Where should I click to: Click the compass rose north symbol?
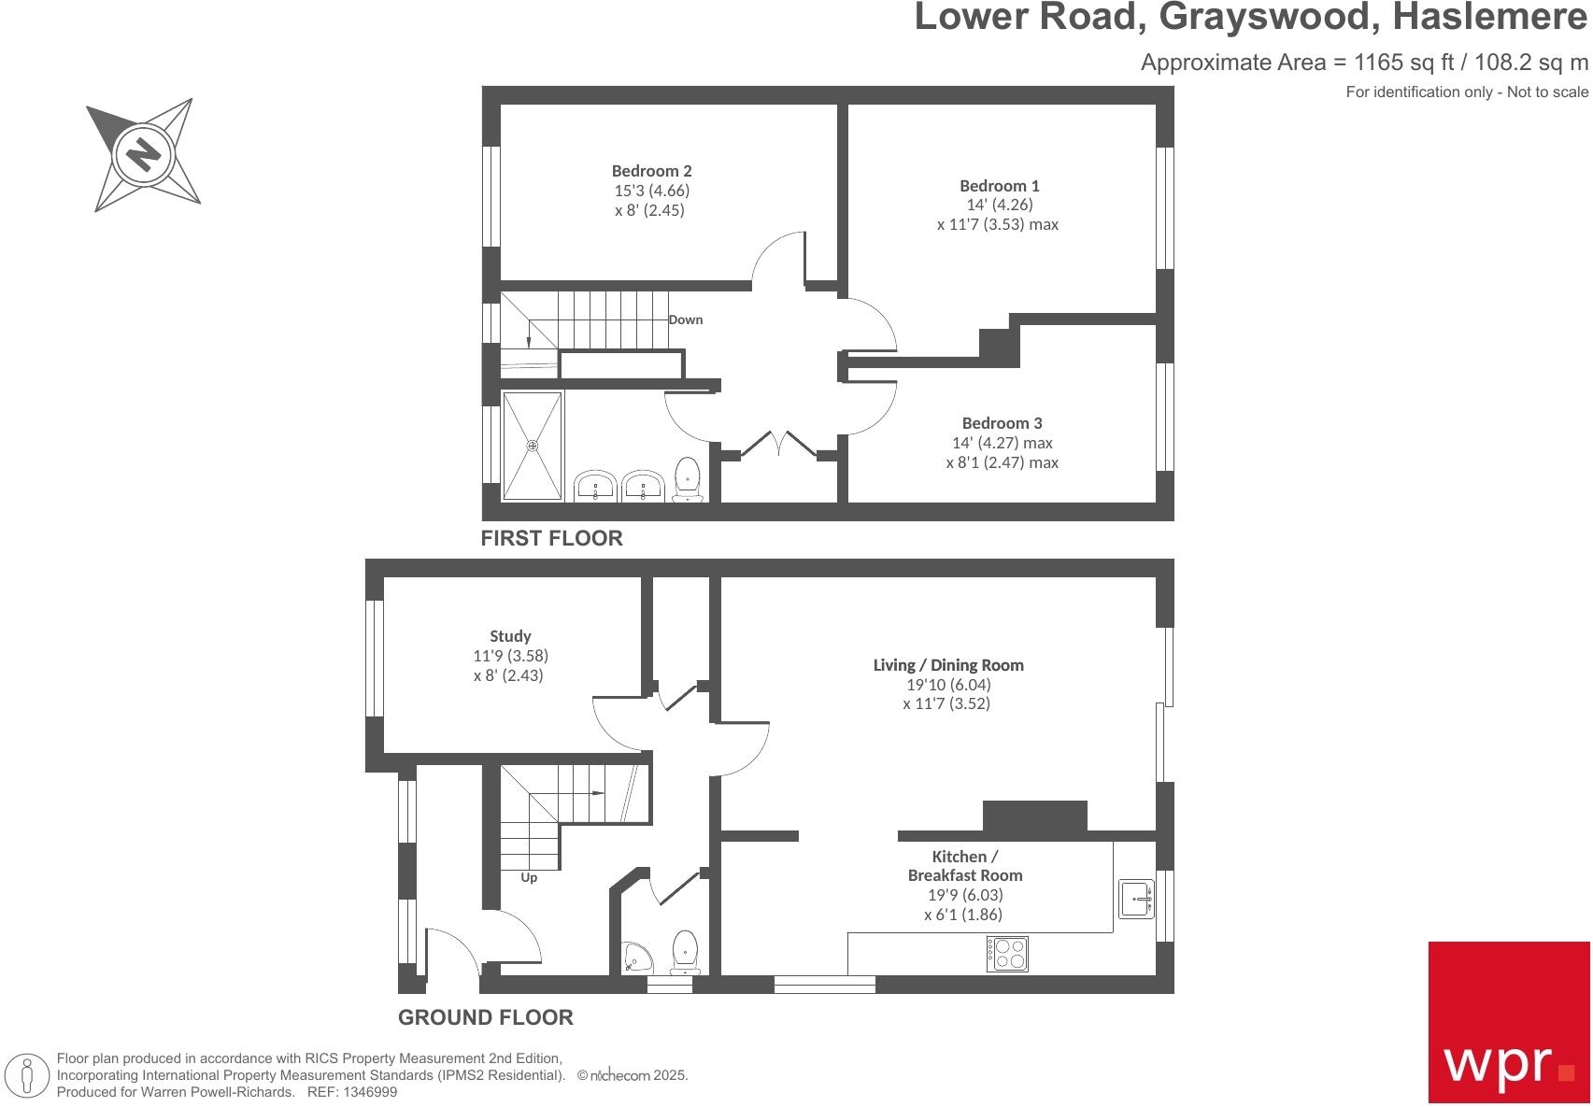click(143, 153)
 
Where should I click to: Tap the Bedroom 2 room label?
click(651, 171)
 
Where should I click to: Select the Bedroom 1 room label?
click(999, 186)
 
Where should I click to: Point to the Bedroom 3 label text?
click(1002, 423)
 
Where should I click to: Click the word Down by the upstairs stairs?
click(685, 319)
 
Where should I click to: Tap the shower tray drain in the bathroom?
click(533, 446)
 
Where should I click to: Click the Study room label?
click(510, 636)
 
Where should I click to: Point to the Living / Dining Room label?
click(947, 665)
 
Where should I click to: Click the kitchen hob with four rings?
click(1006, 953)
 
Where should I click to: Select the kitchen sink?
click(1136, 900)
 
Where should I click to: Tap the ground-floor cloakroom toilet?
click(685, 952)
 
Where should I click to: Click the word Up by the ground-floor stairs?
click(529, 878)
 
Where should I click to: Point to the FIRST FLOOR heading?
click(551, 538)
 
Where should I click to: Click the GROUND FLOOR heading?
click(485, 1017)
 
